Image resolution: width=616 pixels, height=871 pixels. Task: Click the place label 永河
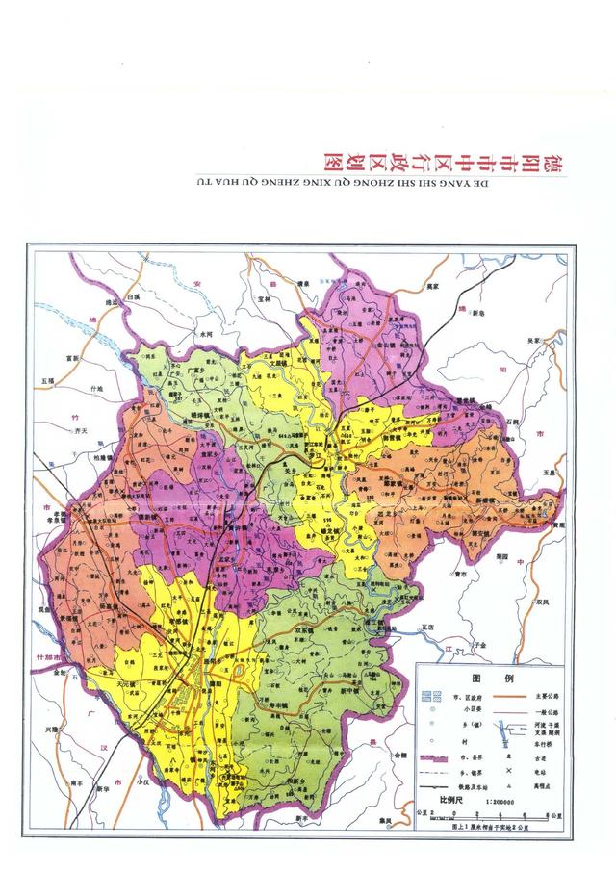point(203,332)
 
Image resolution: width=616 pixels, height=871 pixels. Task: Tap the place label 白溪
point(134,298)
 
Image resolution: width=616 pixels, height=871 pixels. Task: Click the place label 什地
point(95,387)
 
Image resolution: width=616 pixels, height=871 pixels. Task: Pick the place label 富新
point(70,357)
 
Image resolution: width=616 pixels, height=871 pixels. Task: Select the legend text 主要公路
point(545,695)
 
